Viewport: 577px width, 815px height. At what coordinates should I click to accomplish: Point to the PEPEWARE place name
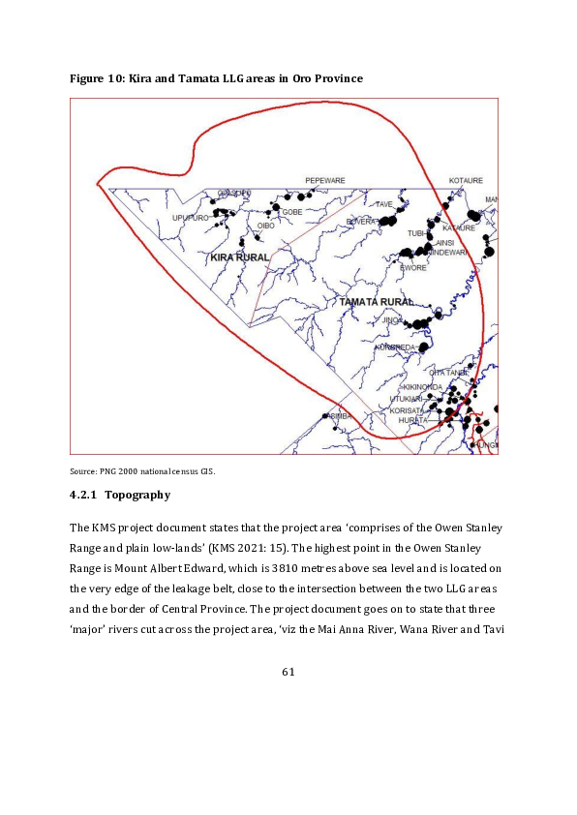tap(325, 181)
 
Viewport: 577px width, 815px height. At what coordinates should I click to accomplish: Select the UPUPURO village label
tap(190, 218)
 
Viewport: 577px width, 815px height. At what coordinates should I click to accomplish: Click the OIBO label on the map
tap(265, 226)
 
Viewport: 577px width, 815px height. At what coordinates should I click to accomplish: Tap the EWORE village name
tap(413, 268)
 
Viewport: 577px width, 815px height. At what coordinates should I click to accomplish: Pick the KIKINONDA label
tap(422, 387)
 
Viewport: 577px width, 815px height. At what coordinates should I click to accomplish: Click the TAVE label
tap(384, 205)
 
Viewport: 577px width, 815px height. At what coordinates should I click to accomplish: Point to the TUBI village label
tap(416, 233)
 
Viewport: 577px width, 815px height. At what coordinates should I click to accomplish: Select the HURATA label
tap(413, 420)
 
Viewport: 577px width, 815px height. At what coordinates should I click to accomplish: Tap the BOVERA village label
tap(361, 222)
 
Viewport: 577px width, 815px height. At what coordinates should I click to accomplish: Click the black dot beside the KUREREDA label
tap(422, 347)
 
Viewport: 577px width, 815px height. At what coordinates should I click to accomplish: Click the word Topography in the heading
tap(137, 496)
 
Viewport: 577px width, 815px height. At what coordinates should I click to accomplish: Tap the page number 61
tap(288, 672)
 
